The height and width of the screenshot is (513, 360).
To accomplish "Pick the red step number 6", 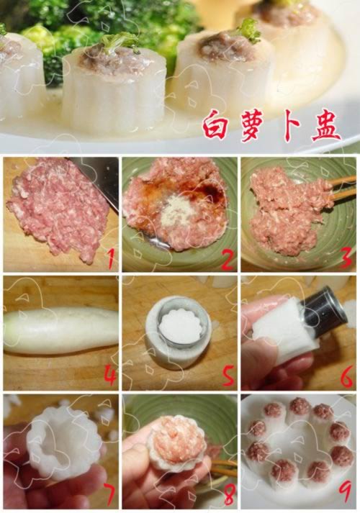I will coord(346,375).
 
